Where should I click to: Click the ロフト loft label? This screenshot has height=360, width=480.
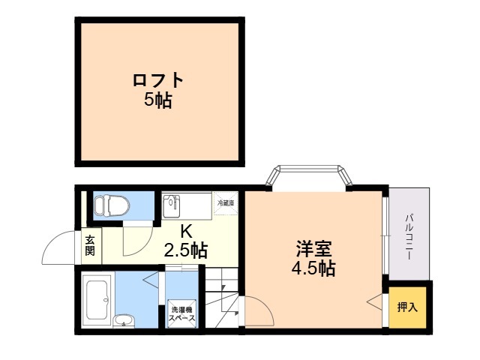coord(158,80)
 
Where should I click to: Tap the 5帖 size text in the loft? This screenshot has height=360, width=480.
coord(158,100)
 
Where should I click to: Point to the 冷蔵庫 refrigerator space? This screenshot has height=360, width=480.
coord(226,203)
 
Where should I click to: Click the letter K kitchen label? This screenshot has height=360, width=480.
coord(184,232)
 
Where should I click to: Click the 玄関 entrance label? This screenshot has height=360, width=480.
coord(89,246)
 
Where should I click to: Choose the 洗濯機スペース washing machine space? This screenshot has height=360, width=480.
coord(182,314)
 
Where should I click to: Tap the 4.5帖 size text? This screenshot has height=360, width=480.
coord(313,268)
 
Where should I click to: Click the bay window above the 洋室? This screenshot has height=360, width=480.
coord(310,175)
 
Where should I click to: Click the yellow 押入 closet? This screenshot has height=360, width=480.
coord(407,307)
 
